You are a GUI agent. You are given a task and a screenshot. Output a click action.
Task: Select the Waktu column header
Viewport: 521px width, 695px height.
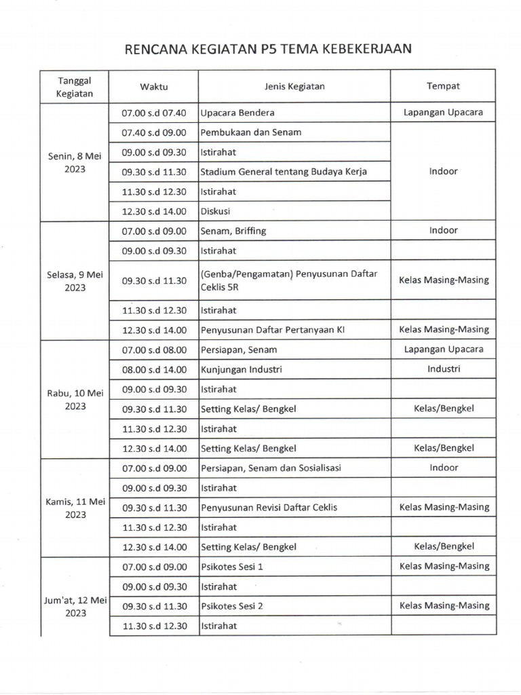pyautogui.click(x=153, y=86)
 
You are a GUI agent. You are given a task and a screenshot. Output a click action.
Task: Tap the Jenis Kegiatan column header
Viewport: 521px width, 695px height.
pyautogui.click(x=294, y=86)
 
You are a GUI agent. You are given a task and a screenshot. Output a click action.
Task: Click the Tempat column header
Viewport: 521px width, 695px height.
pyautogui.click(x=443, y=86)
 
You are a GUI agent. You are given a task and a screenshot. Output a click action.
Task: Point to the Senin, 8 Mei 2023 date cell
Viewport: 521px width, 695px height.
pyautogui.click(x=75, y=162)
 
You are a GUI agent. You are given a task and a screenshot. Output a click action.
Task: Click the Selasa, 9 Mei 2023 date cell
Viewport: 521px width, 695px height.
pyautogui.click(x=75, y=280)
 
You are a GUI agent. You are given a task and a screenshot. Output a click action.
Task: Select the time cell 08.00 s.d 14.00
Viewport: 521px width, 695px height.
pyautogui.click(x=153, y=369)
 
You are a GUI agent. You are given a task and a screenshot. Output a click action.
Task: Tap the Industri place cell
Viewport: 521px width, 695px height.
pyautogui.click(x=444, y=369)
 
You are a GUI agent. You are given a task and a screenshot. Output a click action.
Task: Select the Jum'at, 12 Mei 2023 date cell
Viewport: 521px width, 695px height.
pyautogui.click(x=75, y=605)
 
